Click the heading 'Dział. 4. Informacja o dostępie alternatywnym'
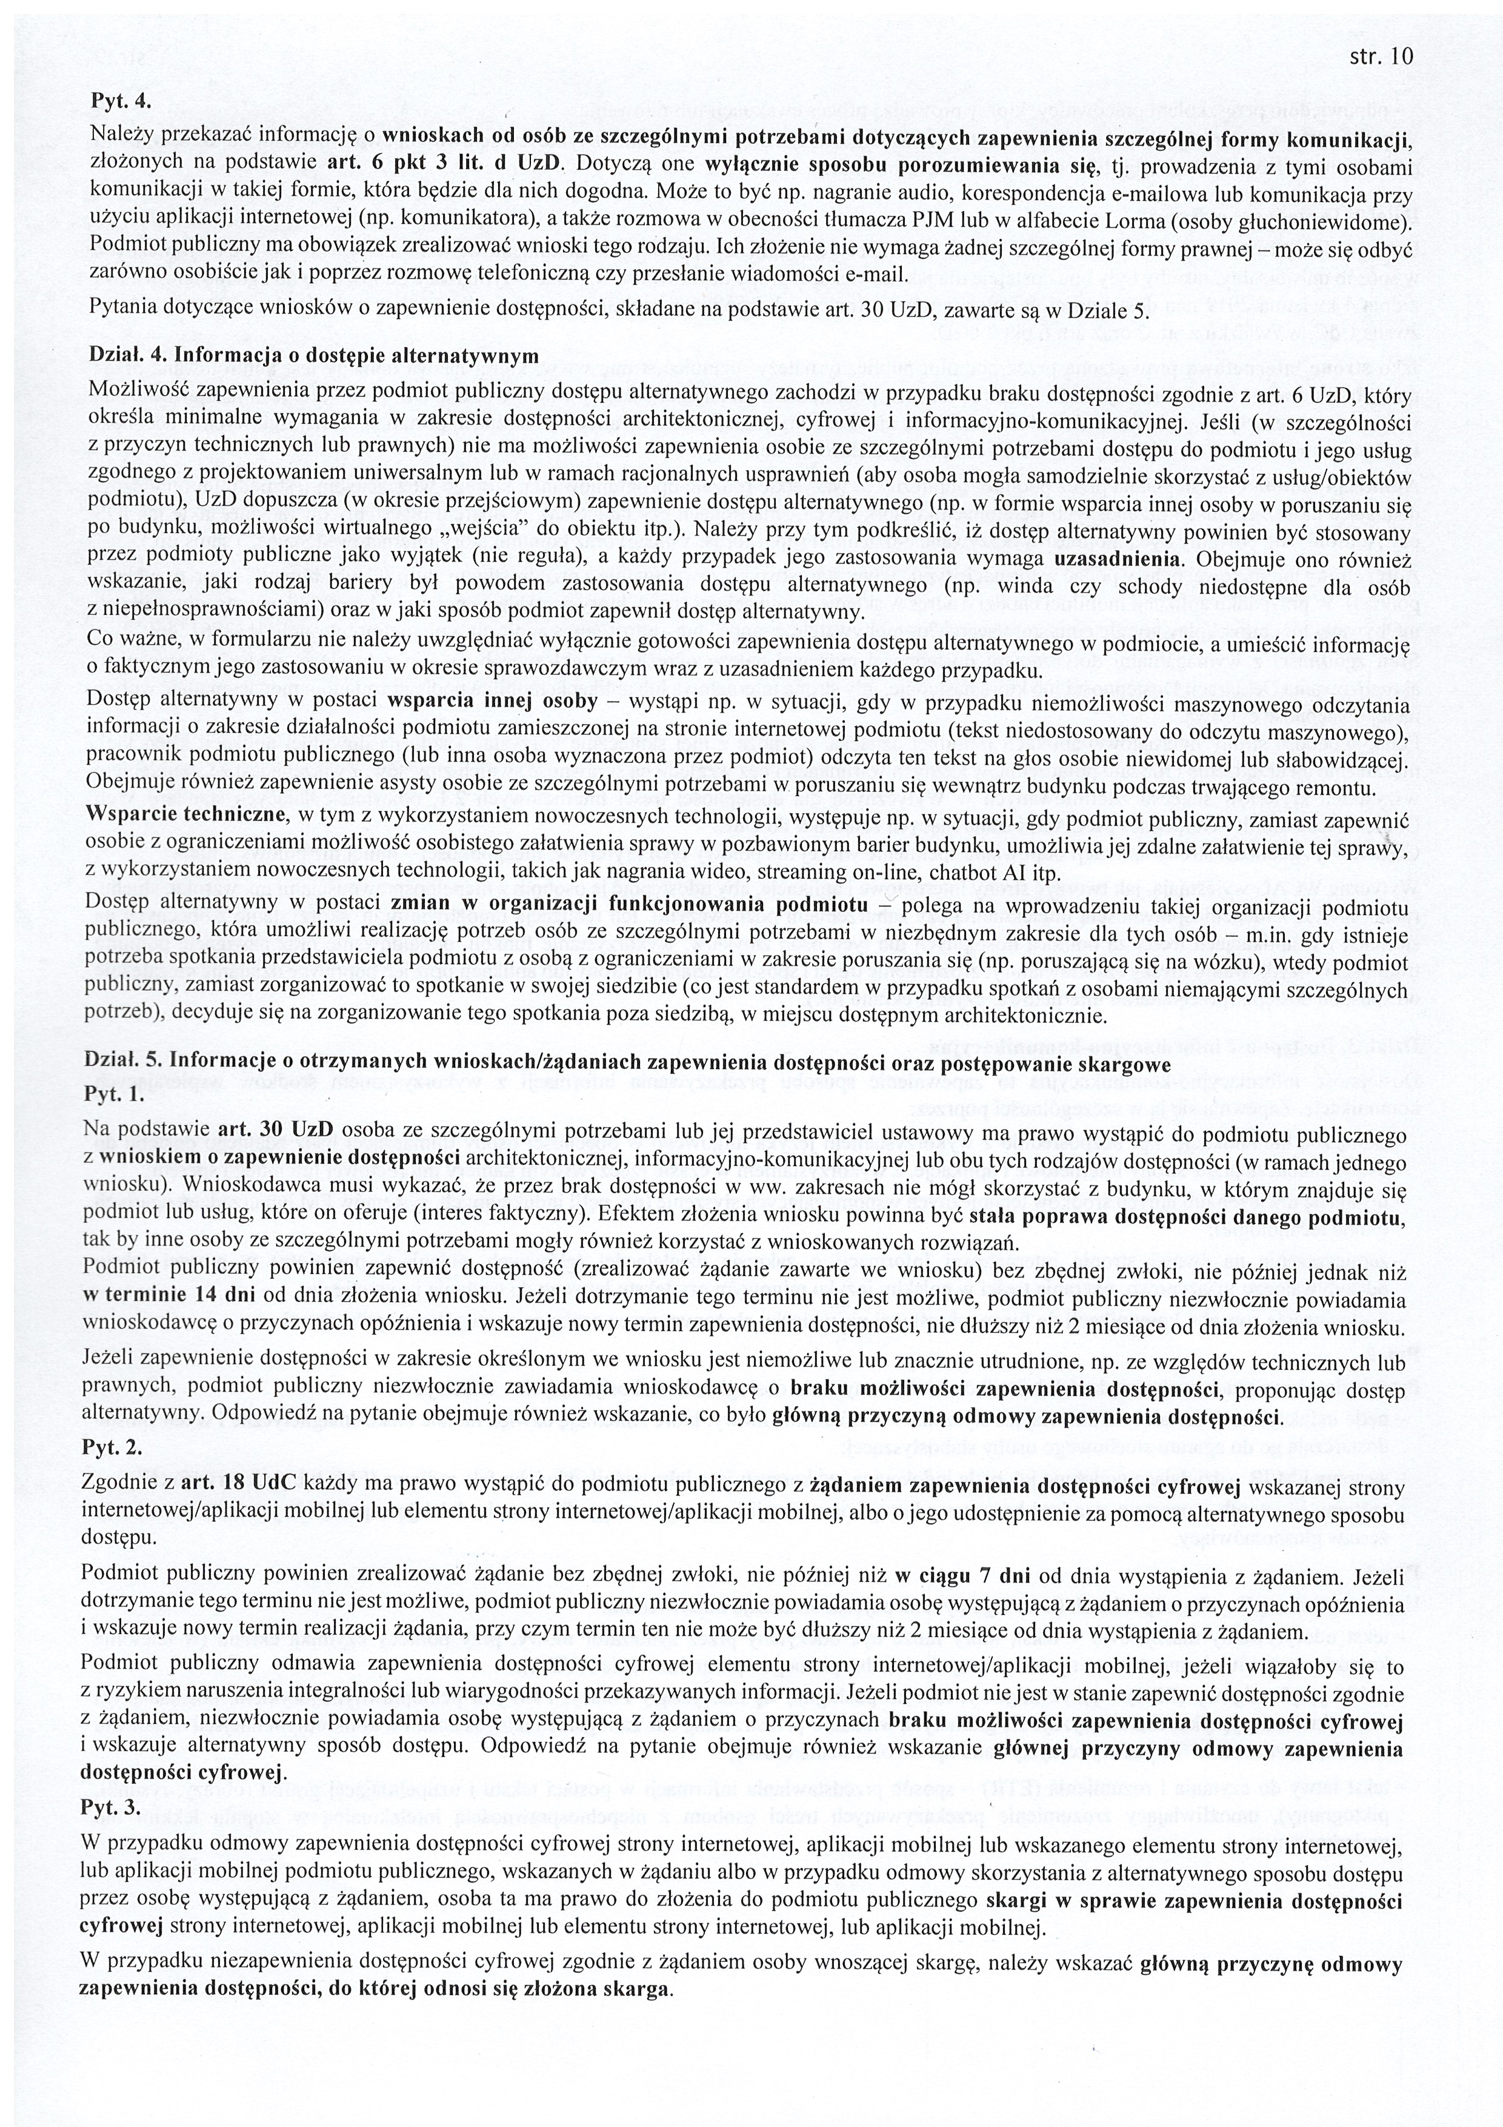(313, 355)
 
